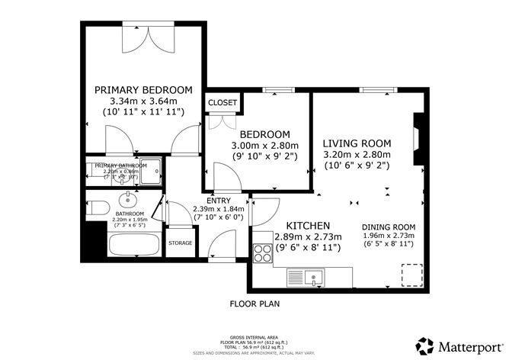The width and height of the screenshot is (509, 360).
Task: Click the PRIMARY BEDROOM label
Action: pyautogui.click(x=143, y=90)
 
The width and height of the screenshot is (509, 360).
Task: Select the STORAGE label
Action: pyautogui.click(x=181, y=243)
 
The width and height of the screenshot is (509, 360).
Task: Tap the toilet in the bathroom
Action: pyautogui.click(x=97, y=207)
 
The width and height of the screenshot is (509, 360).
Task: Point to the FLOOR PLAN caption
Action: pyautogui.click(x=255, y=303)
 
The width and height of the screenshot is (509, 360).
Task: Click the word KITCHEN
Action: pyautogui.click(x=307, y=226)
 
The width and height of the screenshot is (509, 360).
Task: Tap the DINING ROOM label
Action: pyautogui.click(x=388, y=227)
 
